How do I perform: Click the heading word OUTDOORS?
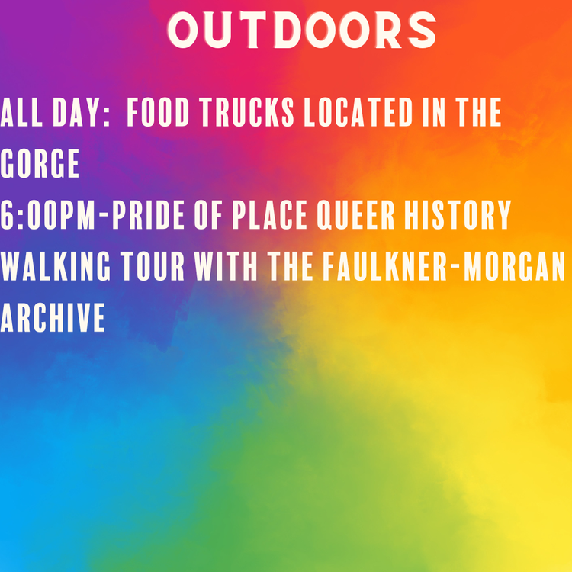click(x=302, y=31)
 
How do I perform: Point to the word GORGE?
click(x=40, y=164)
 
